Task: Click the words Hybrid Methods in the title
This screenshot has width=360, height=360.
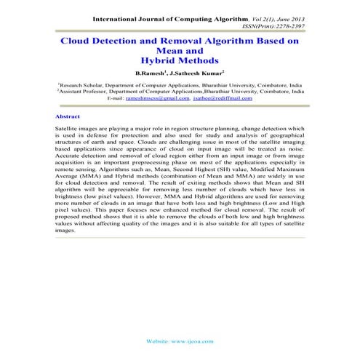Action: click(179, 62)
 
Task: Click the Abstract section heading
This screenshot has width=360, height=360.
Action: click(69, 116)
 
